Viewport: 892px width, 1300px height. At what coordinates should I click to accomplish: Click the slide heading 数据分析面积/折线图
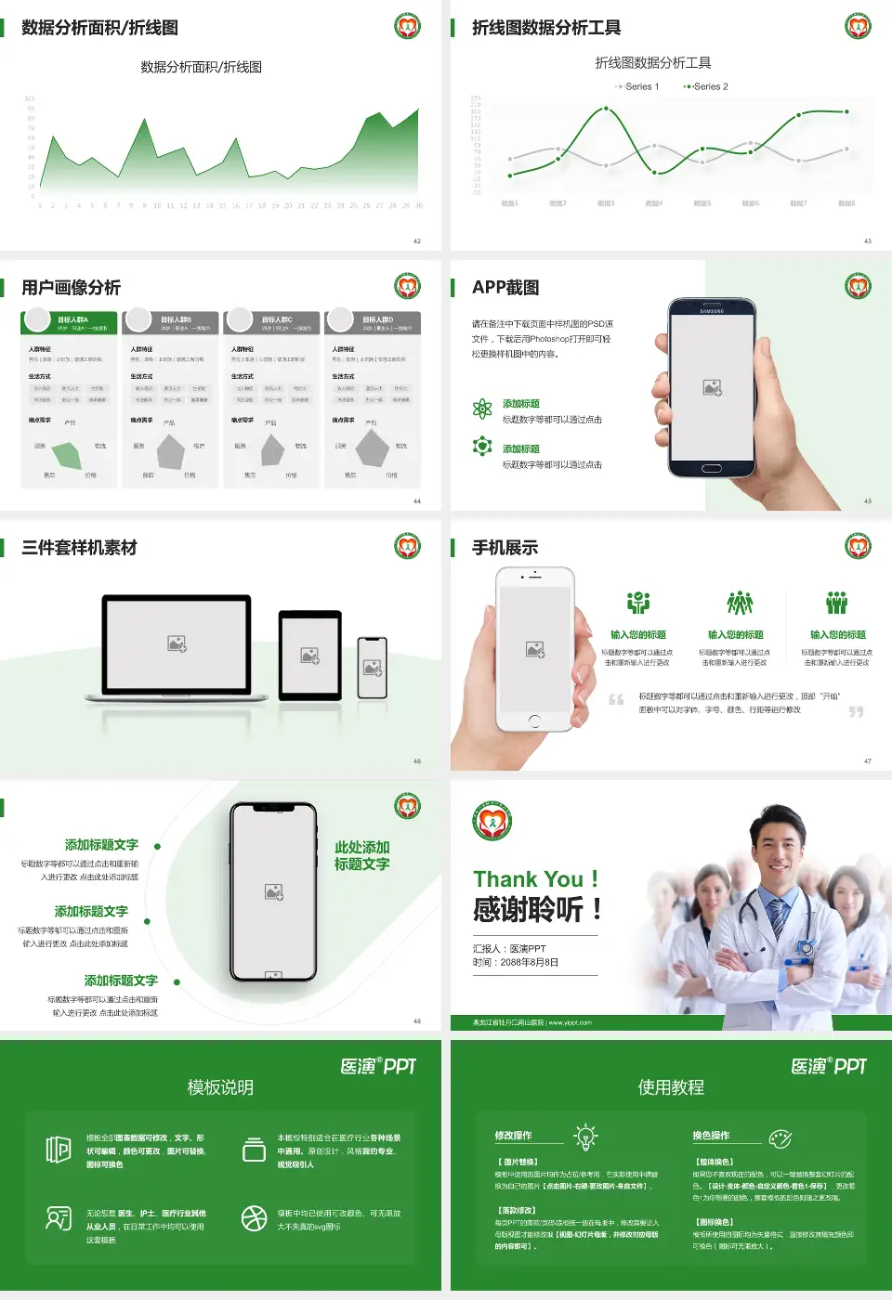(99, 28)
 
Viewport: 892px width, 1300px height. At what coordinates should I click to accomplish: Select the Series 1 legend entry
(637, 86)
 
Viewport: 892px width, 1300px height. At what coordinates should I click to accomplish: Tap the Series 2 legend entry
(707, 86)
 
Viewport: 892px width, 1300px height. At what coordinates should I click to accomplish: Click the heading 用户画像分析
(71, 288)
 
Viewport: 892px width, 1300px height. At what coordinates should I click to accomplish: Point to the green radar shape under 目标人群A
(68, 453)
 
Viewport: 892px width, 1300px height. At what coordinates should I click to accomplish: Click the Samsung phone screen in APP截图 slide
(712, 388)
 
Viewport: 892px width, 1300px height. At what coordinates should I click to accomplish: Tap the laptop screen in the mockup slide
(177, 643)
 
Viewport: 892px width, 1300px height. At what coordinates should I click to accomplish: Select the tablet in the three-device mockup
(310, 656)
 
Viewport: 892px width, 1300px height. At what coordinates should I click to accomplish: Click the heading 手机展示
(505, 548)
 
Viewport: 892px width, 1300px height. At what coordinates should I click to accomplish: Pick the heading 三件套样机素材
(79, 548)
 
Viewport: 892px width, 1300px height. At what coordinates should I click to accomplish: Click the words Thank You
(535, 878)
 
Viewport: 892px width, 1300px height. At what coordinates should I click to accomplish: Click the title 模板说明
(220, 1087)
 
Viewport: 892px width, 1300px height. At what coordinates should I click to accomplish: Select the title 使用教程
(671, 1087)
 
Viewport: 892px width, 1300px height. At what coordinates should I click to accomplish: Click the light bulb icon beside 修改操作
(585, 1137)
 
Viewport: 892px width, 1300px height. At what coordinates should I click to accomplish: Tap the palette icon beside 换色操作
(780, 1137)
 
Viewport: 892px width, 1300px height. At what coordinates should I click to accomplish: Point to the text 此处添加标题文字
(361, 855)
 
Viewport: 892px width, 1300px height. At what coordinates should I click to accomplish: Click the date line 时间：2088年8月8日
(516, 963)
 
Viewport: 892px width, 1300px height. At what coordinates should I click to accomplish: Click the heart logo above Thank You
(492, 822)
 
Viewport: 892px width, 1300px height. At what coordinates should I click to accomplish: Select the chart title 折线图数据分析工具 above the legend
(652, 62)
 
